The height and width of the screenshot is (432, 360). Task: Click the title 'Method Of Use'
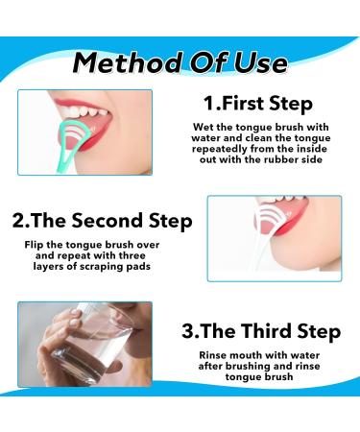180,63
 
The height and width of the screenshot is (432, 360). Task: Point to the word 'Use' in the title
254,63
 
